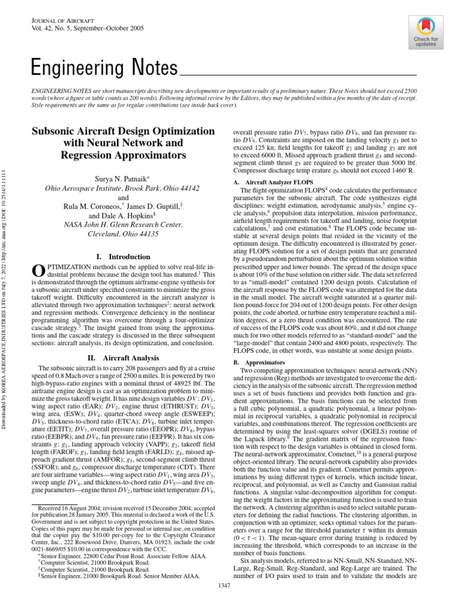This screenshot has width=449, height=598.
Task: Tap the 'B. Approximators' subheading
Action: pyautogui.click(x=254, y=362)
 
